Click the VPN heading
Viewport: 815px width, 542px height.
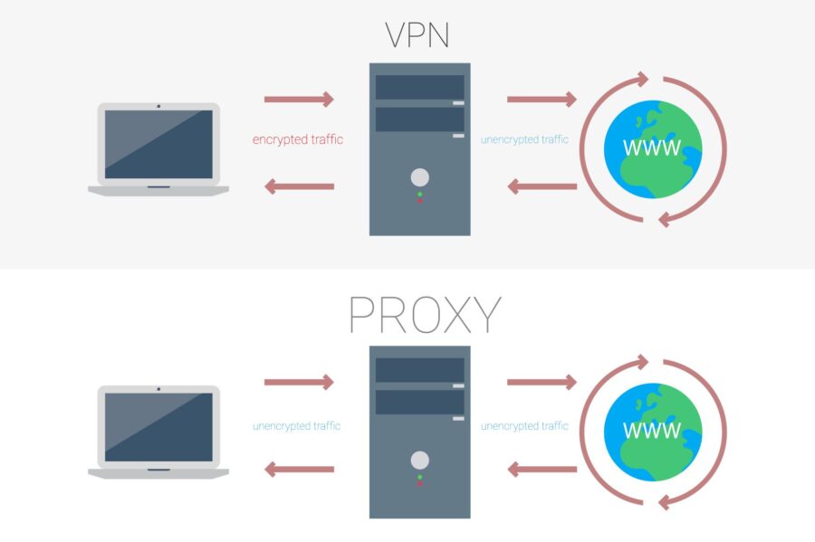point(418,34)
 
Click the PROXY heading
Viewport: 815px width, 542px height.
point(424,314)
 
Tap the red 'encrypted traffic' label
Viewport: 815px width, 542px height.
point(298,140)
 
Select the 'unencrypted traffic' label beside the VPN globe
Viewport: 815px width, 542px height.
point(524,140)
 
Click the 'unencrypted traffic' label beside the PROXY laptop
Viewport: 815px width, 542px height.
point(297,425)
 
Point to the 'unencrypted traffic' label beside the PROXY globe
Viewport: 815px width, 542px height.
point(524,425)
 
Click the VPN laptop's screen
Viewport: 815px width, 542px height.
point(158,144)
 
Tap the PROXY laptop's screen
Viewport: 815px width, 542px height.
point(158,427)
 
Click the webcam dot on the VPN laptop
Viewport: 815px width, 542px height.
point(158,106)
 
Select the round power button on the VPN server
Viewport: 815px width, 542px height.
point(419,177)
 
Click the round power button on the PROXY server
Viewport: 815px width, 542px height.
point(419,460)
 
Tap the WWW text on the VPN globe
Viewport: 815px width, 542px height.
point(652,147)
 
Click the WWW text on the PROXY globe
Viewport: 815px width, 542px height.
point(652,429)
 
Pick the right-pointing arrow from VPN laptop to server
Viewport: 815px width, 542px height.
point(299,99)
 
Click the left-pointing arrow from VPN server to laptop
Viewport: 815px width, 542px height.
point(299,186)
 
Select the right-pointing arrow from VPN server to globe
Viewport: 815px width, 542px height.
point(542,99)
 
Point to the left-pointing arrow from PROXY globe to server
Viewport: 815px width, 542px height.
point(542,470)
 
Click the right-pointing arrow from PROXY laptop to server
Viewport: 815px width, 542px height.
point(299,382)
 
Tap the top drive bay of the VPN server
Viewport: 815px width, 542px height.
point(419,88)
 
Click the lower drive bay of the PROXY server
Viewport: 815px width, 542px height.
point(419,402)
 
